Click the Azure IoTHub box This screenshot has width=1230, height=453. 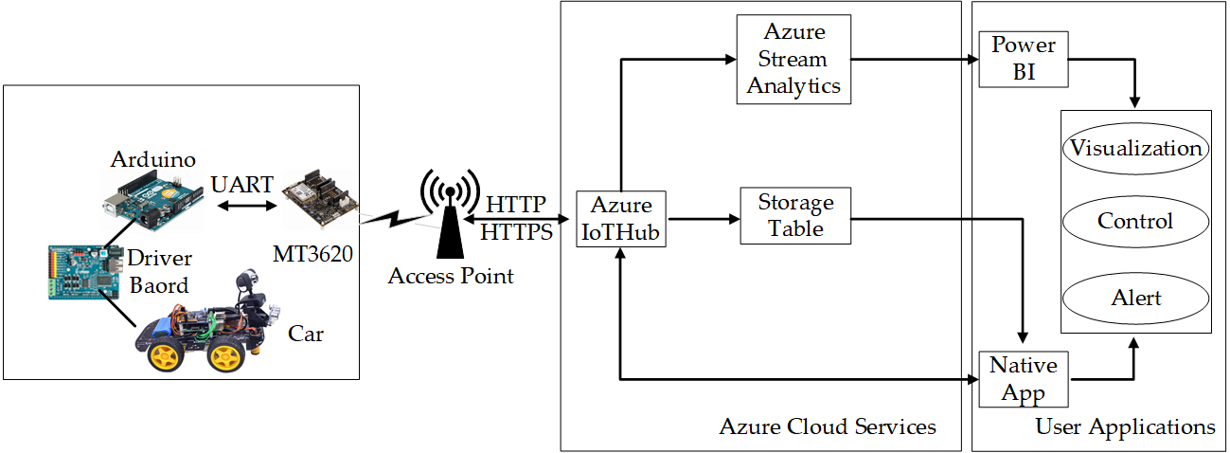(x=621, y=219)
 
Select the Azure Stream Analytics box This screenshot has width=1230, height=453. (x=793, y=59)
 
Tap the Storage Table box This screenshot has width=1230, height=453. (x=795, y=215)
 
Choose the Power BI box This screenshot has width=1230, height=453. (x=1024, y=58)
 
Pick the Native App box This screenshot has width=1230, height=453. (x=1023, y=379)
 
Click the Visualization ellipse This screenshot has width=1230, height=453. (x=1135, y=148)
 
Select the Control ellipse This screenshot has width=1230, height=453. (x=1135, y=221)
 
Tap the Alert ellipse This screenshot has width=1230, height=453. (x=1135, y=298)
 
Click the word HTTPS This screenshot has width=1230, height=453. (x=517, y=229)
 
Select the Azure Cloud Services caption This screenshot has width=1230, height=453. (x=828, y=426)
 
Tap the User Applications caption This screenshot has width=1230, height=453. (x=1125, y=426)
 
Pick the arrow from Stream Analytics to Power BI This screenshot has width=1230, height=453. (x=914, y=59)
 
